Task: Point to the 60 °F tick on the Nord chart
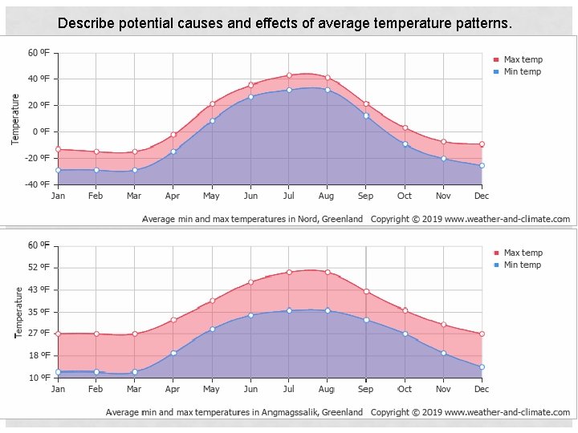click(x=39, y=53)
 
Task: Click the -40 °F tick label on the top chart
click(x=38, y=184)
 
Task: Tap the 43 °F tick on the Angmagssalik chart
click(x=39, y=289)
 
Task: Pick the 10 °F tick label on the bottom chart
click(x=39, y=378)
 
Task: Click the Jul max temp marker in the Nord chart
click(x=289, y=75)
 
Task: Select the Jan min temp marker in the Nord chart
click(x=58, y=170)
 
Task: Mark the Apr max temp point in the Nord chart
click(x=173, y=135)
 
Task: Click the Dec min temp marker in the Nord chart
click(x=482, y=166)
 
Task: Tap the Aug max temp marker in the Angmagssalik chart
click(x=328, y=272)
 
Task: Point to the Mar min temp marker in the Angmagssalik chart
click(x=135, y=372)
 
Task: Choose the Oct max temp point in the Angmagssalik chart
click(x=405, y=310)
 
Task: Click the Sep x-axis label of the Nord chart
click(x=365, y=196)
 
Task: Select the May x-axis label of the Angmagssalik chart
click(x=211, y=389)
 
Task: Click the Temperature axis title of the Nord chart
click(x=15, y=119)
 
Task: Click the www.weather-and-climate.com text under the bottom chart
click(x=507, y=413)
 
